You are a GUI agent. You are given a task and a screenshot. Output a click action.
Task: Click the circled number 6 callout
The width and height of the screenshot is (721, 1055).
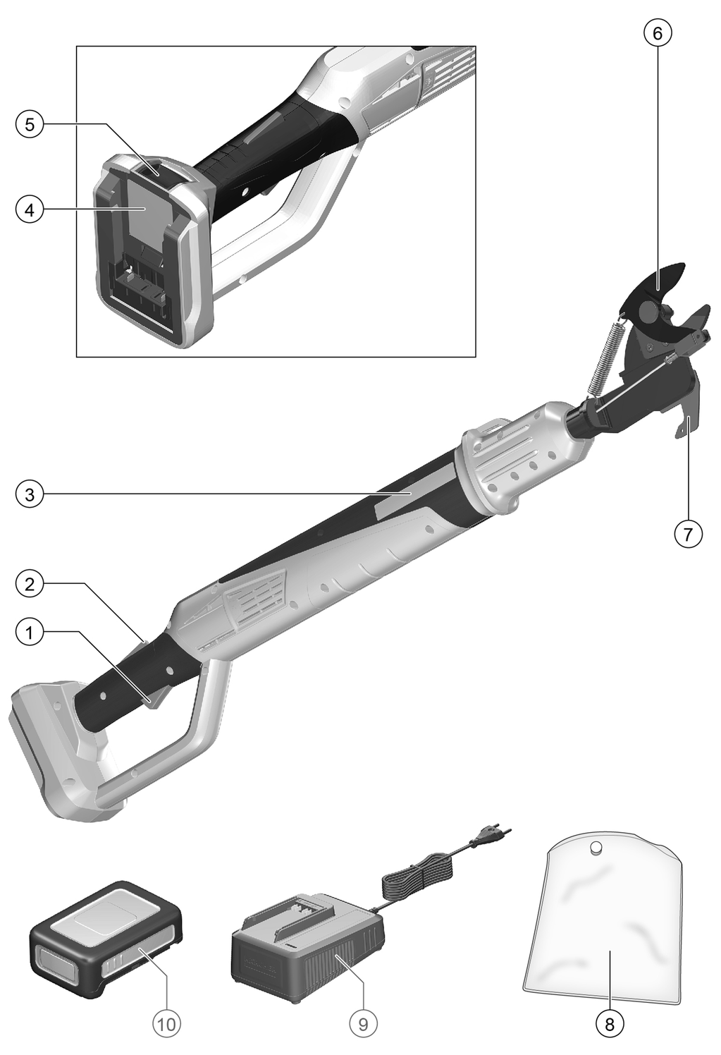[x=657, y=33]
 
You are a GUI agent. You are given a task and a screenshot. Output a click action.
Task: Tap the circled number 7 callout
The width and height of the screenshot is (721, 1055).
[x=688, y=534]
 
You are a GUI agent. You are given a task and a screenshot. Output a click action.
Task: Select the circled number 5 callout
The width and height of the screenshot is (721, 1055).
[x=30, y=125]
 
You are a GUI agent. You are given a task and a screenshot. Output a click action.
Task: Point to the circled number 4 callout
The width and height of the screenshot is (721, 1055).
[x=30, y=209]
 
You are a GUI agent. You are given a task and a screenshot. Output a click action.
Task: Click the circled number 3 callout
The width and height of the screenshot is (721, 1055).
[x=30, y=495]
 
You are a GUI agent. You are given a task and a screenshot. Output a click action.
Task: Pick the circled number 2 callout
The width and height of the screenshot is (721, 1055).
[x=30, y=585]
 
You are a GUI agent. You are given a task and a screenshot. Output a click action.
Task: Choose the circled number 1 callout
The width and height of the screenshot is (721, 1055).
[x=30, y=633]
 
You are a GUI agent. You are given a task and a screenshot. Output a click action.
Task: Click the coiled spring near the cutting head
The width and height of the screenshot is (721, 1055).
[x=604, y=359]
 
